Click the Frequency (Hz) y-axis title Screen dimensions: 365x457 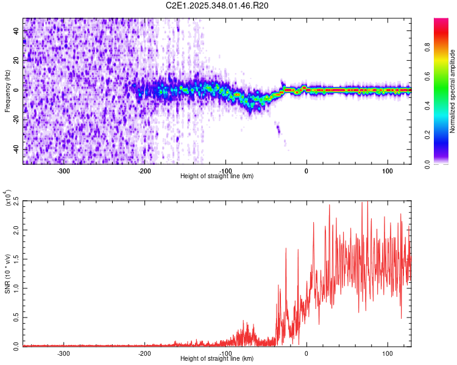coord(7,91)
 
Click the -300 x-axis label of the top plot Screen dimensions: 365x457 coord(63,171)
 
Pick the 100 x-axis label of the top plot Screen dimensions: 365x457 coord(387,171)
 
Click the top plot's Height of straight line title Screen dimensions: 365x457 coord(218,176)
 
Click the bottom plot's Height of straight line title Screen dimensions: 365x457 coord(218,359)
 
